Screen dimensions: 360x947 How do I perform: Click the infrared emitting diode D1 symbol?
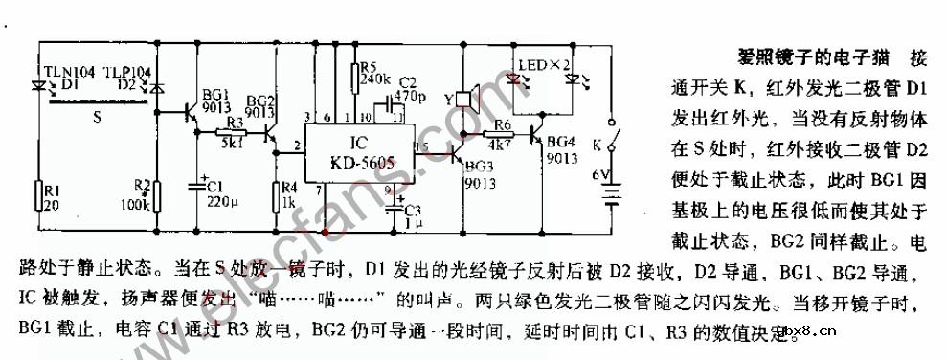[x=41, y=83]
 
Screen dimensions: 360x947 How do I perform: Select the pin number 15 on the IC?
[x=420, y=145]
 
